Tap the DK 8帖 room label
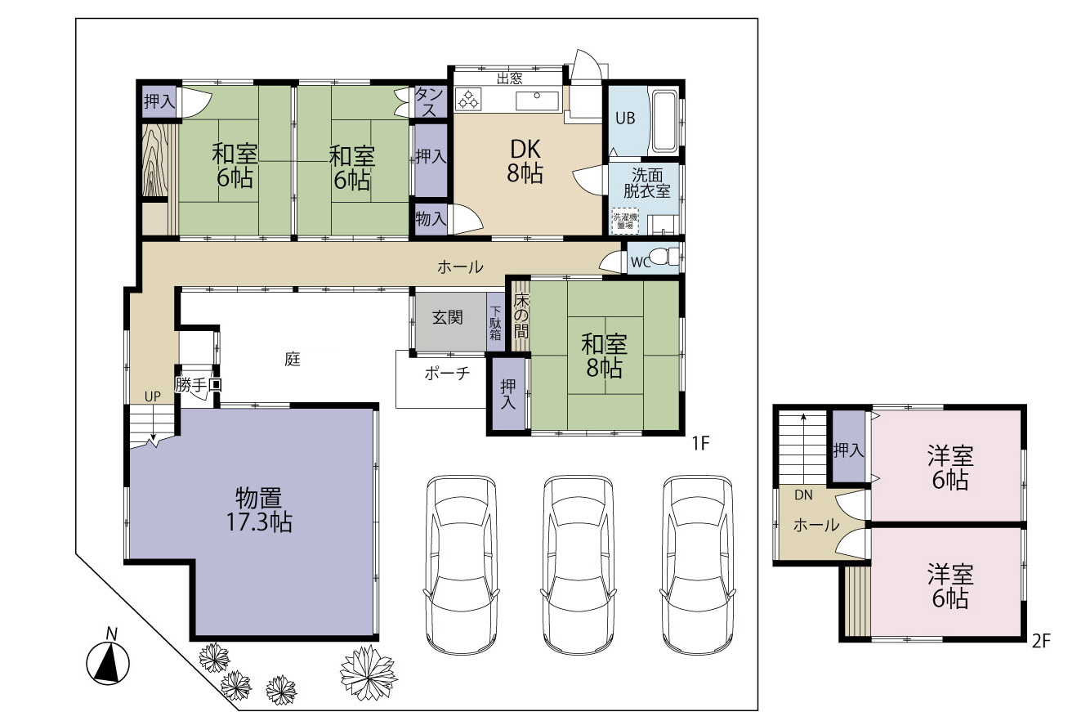pyautogui.click(x=525, y=161)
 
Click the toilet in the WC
pyautogui.click(x=664, y=257)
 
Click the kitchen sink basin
pyautogui.click(x=537, y=101)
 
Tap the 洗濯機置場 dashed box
pyautogui.click(x=625, y=221)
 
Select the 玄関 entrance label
pyautogui.click(x=447, y=318)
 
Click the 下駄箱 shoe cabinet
pyautogui.click(x=495, y=322)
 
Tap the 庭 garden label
pyautogui.click(x=293, y=359)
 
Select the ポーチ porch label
pyautogui.click(x=447, y=374)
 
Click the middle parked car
pyautogui.click(x=578, y=565)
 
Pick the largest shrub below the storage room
pyautogui.click(x=369, y=674)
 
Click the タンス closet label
pyautogui.click(x=430, y=101)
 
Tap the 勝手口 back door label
pyautogui.click(x=198, y=385)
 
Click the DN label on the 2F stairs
pyautogui.click(x=803, y=495)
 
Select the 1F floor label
pyautogui.click(x=700, y=444)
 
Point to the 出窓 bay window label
pyautogui.click(x=510, y=78)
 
